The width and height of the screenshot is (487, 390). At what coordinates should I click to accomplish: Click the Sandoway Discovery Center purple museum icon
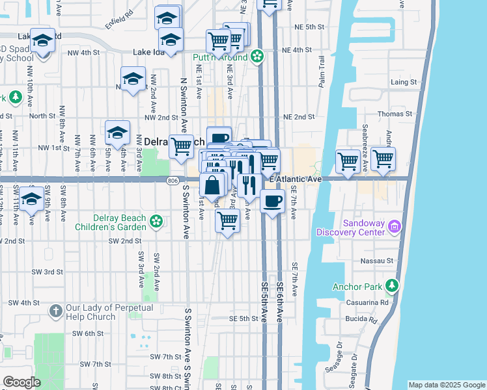tap(395, 227)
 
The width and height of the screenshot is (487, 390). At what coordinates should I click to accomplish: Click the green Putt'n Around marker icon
tap(257, 57)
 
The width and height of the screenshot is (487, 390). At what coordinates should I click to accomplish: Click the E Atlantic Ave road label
tap(297, 179)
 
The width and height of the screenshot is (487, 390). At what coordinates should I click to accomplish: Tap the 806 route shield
tap(173, 180)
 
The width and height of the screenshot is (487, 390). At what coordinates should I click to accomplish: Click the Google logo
tap(21, 382)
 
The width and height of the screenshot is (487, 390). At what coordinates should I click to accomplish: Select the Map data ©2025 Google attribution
tap(446, 385)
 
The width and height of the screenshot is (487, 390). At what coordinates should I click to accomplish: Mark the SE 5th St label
tap(244, 318)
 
